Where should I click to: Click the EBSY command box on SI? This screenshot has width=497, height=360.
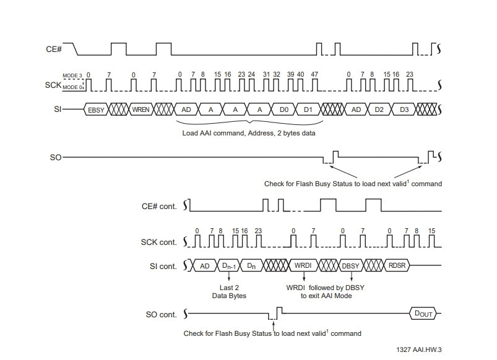pos(96,109)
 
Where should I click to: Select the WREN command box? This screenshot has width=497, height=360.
pos(140,109)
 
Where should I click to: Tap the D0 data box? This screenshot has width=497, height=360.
pos(284,109)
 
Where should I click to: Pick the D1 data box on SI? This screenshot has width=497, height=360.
pos(308,109)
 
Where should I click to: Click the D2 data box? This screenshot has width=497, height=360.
pos(379,109)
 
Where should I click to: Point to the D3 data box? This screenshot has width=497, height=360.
pos(404,109)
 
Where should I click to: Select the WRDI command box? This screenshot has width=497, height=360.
pos(303,265)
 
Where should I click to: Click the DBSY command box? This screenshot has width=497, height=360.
pos(350,265)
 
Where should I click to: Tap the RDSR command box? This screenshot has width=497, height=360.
pos(397,265)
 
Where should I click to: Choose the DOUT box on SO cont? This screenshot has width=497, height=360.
pos(423,314)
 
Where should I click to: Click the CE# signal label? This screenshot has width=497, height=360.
pos(54,49)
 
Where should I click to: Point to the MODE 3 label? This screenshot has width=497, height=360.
pos(72,75)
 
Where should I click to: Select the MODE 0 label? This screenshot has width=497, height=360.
pos(72,87)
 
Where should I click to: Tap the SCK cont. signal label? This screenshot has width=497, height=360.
pos(159,242)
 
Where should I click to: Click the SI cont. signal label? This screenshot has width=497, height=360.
pos(163,267)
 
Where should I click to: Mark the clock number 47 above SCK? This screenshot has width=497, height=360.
pos(314,74)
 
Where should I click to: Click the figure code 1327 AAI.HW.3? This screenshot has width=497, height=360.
pos(419,349)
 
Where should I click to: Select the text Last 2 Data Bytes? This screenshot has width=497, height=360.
pos(229,291)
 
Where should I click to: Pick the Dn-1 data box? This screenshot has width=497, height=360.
pos(229,265)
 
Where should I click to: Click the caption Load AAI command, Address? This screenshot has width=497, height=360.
pos(228,133)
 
